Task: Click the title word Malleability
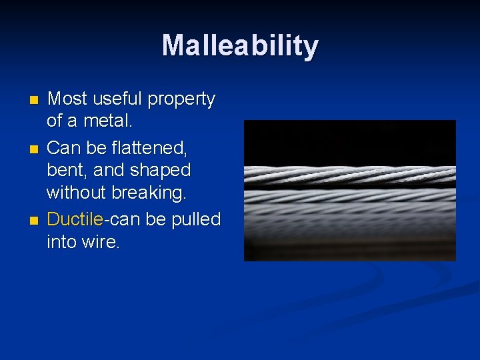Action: click(240, 46)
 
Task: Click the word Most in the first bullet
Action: click(67, 99)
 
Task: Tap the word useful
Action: click(117, 99)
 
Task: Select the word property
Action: click(181, 100)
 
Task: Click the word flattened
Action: click(151, 147)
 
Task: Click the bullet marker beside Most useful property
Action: click(35, 100)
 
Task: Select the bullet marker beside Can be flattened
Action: click(35, 147)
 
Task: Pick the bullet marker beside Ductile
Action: click(35, 219)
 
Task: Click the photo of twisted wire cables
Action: click(349, 190)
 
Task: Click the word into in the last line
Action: click(63, 242)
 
